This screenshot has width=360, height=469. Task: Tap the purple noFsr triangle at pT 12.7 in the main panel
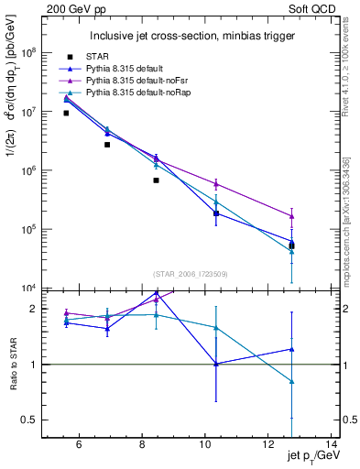(291, 216)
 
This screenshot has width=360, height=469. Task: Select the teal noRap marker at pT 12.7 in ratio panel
(291, 381)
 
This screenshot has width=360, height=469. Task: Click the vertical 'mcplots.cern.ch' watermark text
(351, 229)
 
